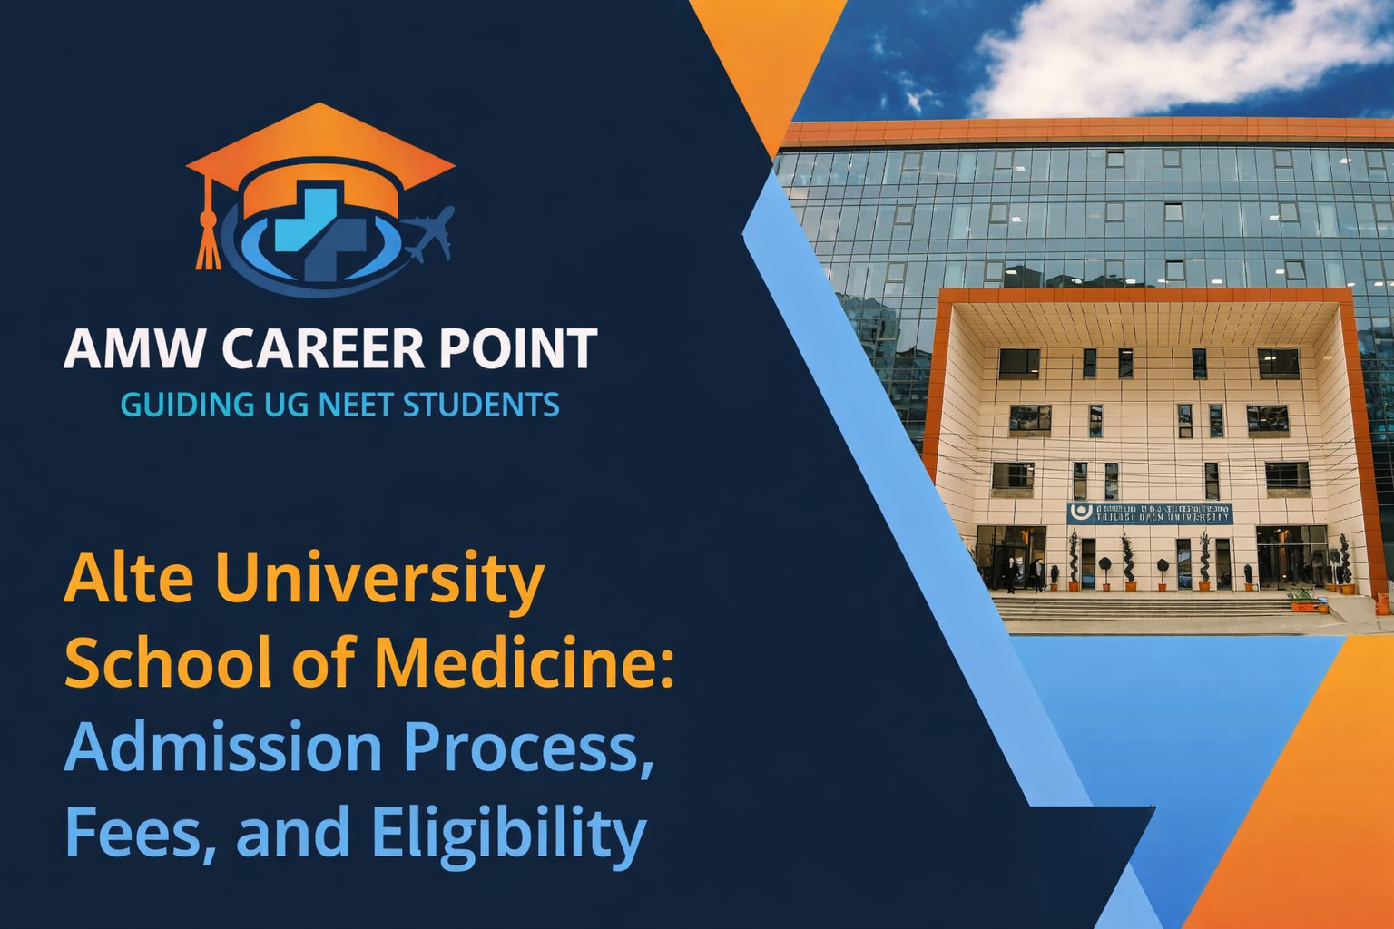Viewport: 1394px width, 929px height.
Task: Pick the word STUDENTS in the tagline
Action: tap(480, 405)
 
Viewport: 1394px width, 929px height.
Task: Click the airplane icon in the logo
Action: tap(429, 231)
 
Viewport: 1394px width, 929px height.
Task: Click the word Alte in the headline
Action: tap(129, 578)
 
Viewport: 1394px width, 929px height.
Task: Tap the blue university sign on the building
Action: tap(1149, 513)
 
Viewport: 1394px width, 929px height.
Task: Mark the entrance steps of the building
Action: tap(1144, 607)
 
